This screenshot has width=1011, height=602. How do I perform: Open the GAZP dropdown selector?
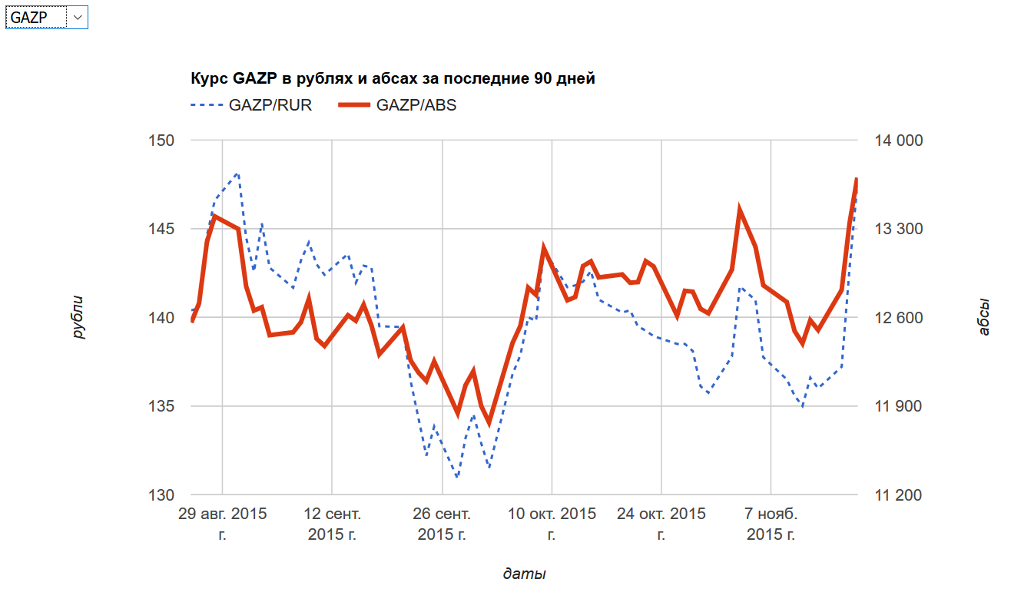point(46,18)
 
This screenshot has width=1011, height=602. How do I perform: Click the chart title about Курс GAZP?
point(393,78)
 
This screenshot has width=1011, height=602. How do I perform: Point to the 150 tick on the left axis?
point(163,141)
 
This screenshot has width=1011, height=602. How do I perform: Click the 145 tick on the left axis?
point(163,229)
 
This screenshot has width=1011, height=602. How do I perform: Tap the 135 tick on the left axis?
point(163,406)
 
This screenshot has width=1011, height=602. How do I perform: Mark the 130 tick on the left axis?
point(163,495)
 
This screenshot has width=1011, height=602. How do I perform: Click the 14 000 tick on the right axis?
point(898,141)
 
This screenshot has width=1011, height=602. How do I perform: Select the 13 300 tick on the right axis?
point(898,229)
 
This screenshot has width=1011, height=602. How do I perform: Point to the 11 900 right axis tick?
point(898,406)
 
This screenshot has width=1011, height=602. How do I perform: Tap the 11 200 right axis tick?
point(898,495)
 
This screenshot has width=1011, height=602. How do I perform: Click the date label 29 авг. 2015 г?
point(223,523)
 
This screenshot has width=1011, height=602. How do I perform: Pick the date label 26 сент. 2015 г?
point(443,523)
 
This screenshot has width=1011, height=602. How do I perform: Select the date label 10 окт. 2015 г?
point(552,523)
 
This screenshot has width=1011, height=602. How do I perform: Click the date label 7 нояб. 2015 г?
point(771,523)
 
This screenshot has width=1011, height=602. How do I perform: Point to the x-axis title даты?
point(525,574)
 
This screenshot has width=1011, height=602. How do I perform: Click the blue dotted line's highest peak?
point(237,174)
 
